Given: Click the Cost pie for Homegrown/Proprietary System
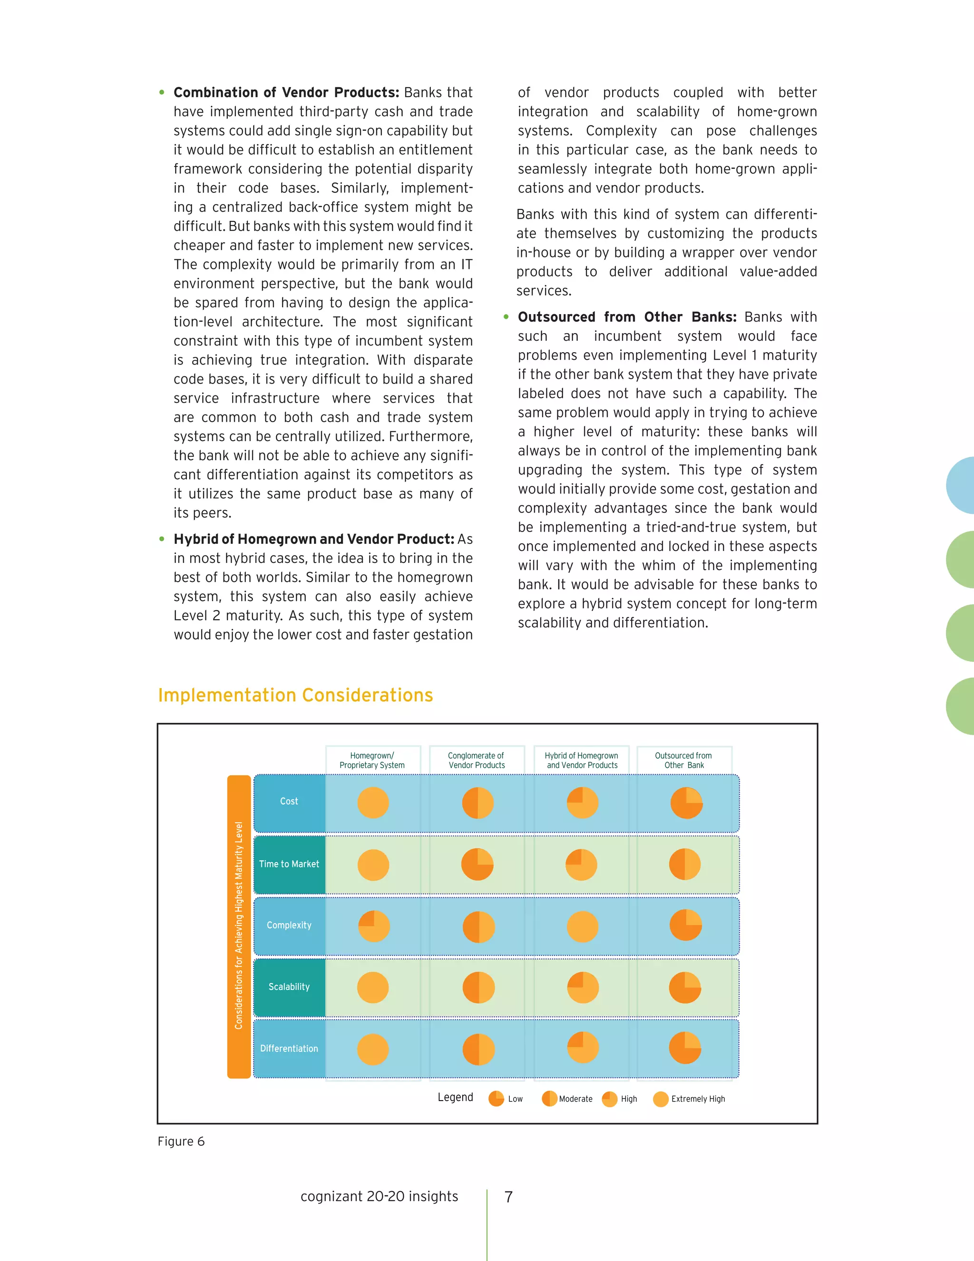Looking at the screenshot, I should tap(373, 803).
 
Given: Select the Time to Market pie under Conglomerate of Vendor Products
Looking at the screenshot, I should tap(477, 864).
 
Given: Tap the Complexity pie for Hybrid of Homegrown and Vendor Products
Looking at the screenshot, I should tap(582, 926).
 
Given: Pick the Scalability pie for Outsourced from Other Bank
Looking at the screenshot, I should tap(685, 988).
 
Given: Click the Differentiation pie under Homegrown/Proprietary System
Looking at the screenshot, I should tap(373, 1050).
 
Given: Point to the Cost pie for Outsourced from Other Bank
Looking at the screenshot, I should tap(686, 803).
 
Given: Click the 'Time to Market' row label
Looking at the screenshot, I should tap(289, 864).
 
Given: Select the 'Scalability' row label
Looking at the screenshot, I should tap(289, 987).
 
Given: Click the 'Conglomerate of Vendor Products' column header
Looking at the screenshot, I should tap(477, 760).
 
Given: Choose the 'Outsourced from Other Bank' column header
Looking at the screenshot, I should tap(684, 760).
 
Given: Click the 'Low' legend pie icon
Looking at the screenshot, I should tap(496, 1099).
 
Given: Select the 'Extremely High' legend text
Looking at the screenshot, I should tap(698, 1099).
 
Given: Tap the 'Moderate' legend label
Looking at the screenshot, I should tap(575, 1099).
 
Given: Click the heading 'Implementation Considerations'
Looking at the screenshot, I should tap(295, 695).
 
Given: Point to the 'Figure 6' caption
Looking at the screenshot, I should tap(181, 1142).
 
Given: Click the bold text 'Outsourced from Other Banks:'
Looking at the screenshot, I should tap(627, 317).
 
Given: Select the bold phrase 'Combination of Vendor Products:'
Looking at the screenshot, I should tap(286, 92).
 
